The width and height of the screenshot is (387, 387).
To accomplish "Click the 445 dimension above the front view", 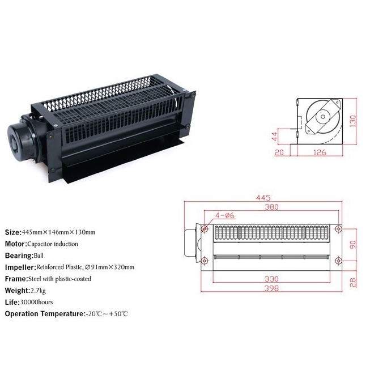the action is (263, 198).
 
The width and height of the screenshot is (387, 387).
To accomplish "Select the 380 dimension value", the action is (271, 207).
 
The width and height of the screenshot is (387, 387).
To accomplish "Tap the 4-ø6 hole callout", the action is (225, 215).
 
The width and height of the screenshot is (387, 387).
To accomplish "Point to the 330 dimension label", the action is (271, 279).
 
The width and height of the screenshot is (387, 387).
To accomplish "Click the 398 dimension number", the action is (271, 288).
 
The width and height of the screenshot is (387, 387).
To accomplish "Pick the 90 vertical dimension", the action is (352, 245).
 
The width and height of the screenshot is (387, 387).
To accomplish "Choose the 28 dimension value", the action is (353, 282).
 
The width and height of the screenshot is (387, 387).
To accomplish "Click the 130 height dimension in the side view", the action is (353, 121).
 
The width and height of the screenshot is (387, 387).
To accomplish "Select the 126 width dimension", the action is (320, 152).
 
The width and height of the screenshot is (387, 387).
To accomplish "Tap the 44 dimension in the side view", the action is (274, 136).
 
